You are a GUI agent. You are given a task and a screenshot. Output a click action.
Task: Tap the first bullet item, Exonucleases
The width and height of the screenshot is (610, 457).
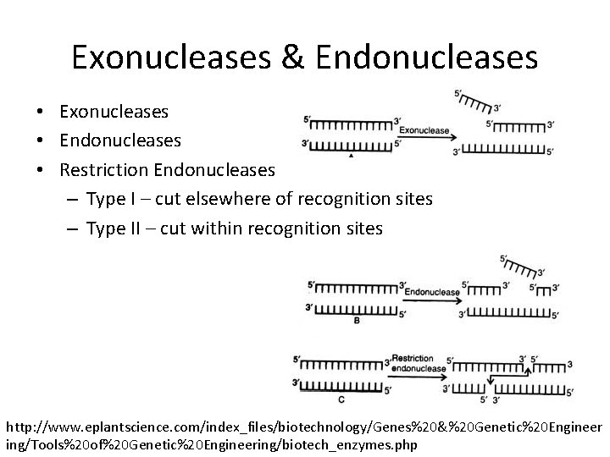click(114, 112)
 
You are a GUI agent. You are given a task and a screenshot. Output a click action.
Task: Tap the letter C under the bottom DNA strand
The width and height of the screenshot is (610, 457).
click(341, 399)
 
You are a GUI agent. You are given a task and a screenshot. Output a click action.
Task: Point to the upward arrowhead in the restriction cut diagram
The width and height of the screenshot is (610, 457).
click(527, 370)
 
